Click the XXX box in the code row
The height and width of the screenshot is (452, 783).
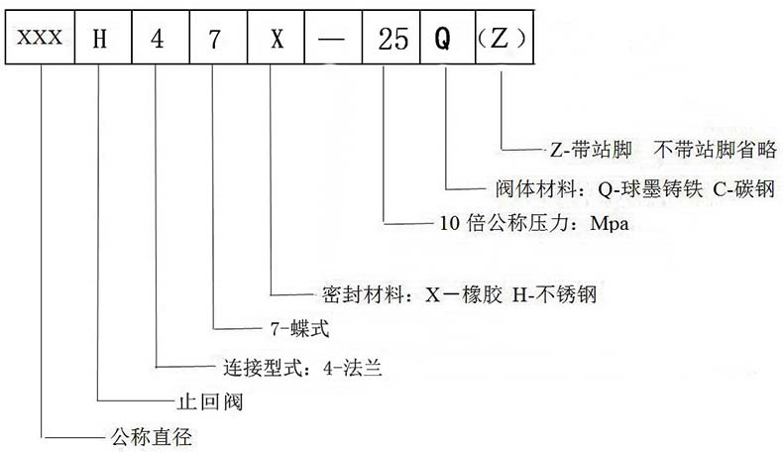pos(41,40)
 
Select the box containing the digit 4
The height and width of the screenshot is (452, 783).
pos(155,40)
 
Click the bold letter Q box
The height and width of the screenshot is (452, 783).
pos(443,40)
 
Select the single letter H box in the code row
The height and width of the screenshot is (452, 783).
pos(98,40)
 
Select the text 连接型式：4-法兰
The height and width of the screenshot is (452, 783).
pos(298,368)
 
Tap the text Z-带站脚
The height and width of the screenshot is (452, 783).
pos(593,150)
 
